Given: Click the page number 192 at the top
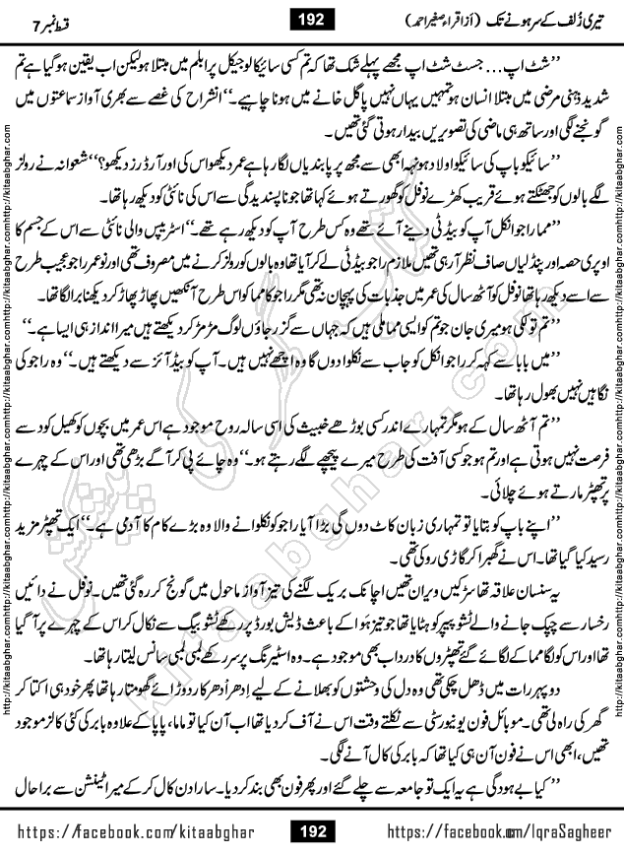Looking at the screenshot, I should point(312,18).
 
